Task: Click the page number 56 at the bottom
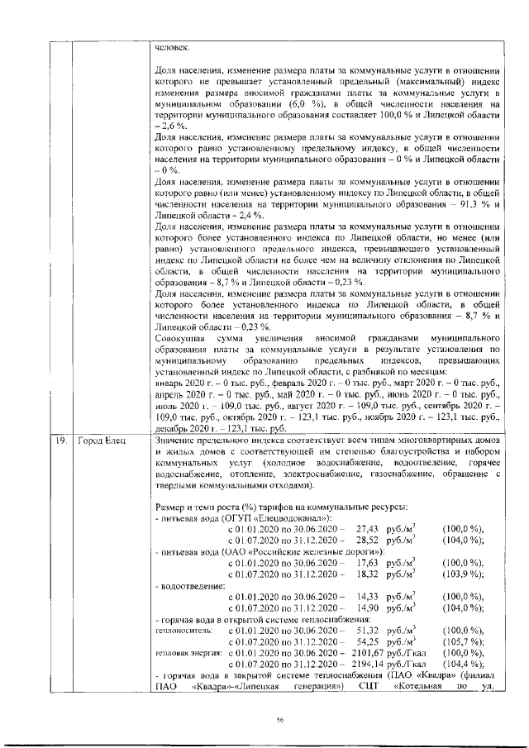pyautogui.click(x=280, y=721)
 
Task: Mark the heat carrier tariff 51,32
pyautogui.click(x=366, y=630)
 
